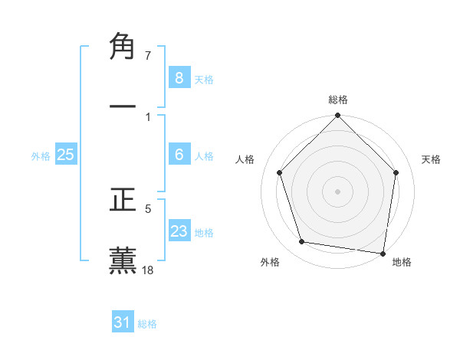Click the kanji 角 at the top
coord(123,47)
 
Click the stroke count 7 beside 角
coord(148,56)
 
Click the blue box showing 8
coord(179,78)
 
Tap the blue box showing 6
coord(179,155)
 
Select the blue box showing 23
coord(179,231)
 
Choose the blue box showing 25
coord(65,155)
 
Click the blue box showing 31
coord(123,323)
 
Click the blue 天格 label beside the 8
coord(204,80)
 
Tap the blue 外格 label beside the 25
coord(41,156)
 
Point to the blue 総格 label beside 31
coord(147,325)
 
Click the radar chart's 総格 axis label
coord(338,100)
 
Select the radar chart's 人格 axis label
coord(245,159)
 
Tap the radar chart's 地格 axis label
coord(402,262)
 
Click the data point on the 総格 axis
coord(337,116)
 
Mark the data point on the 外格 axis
coord(302,242)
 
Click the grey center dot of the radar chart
coord(337,191)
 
